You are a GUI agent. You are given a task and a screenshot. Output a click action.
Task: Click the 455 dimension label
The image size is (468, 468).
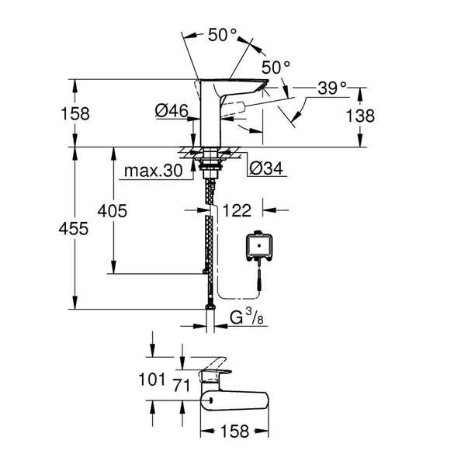coord(75,229)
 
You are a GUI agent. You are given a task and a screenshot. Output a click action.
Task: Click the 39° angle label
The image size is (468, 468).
coord(332,88)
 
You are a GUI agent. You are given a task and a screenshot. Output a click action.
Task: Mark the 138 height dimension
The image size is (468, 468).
coord(360,116)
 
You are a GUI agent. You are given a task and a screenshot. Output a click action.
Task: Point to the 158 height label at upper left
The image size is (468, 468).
coord(75,113)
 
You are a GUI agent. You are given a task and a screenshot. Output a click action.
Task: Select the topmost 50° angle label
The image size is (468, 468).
coord(222,34)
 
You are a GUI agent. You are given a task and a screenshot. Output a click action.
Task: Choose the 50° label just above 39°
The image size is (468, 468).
coord(275,67)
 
